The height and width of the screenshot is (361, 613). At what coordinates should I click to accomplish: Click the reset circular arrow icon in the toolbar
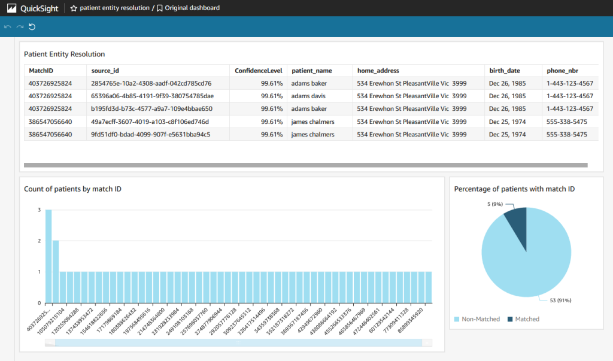[x=32, y=26]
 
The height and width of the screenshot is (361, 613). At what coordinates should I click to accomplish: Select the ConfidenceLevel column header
[x=258, y=71]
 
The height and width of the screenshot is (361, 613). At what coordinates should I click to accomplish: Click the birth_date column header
[x=504, y=71]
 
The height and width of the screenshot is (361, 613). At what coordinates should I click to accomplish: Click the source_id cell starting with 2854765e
[x=151, y=83]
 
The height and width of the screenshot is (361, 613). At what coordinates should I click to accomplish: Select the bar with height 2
[x=56, y=272]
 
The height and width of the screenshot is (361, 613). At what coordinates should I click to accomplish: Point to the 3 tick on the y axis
[x=39, y=210]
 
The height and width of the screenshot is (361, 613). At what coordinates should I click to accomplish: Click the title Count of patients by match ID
[x=72, y=189]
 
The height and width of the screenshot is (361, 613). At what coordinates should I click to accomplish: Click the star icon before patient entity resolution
[x=74, y=8]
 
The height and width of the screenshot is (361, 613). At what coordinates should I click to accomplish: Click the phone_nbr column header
[x=563, y=71]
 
